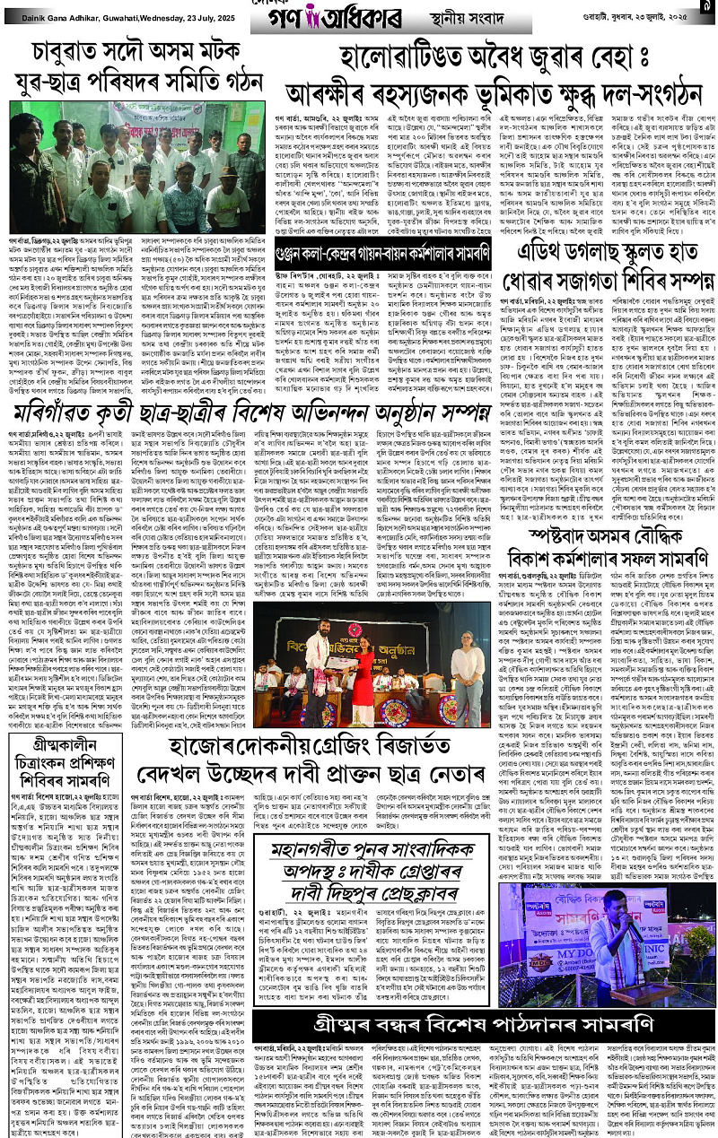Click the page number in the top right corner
point(706,7)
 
